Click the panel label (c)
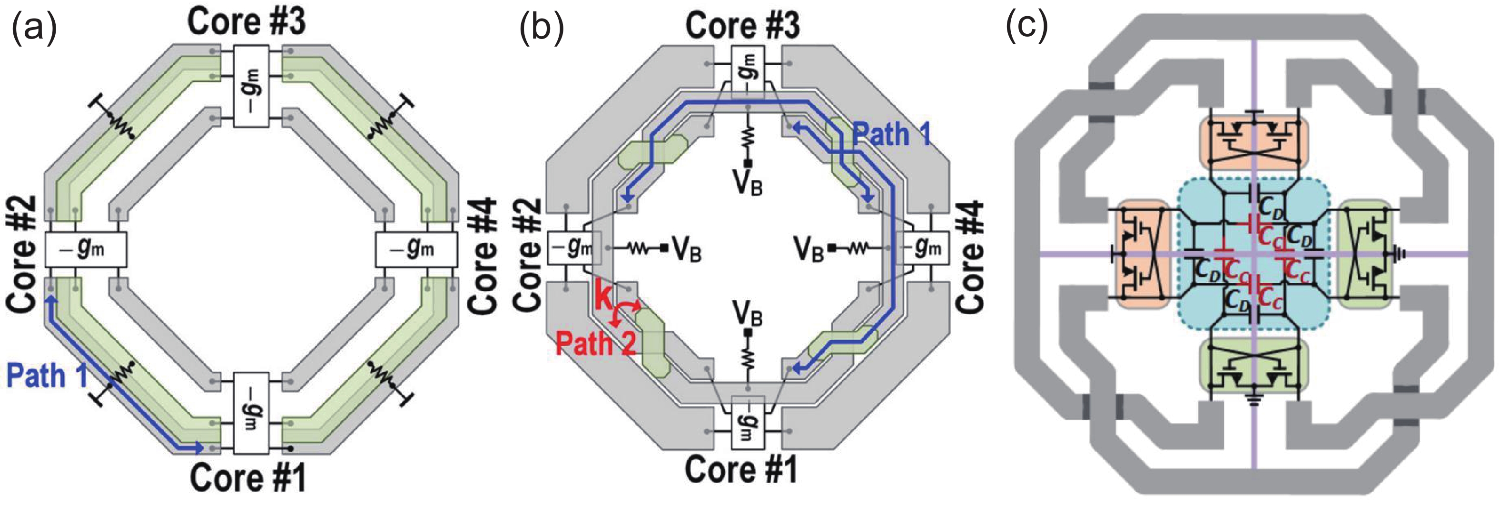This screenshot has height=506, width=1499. click(x=1026, y=26)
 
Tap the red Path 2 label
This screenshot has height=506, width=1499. click(x=595, y=342)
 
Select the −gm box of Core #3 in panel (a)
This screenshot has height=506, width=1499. click(x=251, y=86)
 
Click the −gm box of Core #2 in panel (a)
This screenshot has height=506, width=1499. click(x=85, y=250)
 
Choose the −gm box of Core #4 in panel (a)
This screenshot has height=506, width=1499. click(x=415, y=250)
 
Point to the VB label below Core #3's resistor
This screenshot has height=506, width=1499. click(x=748, y=182)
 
